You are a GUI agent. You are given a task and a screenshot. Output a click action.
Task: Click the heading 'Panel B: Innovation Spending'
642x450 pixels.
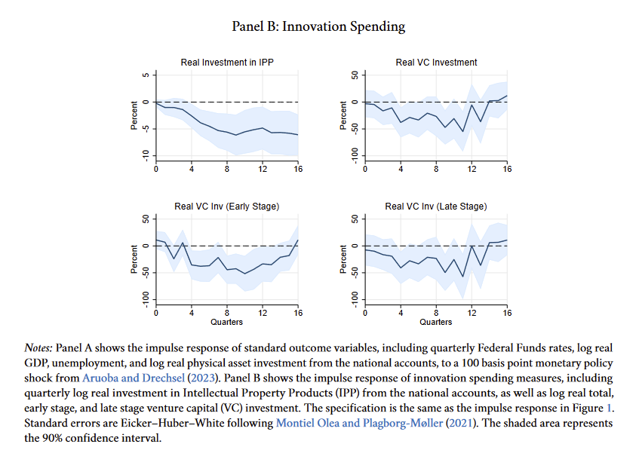point(321,26)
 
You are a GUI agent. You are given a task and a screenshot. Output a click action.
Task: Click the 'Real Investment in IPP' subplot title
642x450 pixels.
point(227,63)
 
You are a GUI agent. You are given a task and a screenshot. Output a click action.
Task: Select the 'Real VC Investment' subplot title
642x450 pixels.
point(436,63)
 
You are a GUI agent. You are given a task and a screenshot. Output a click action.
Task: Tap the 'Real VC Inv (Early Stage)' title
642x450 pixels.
point(227,207)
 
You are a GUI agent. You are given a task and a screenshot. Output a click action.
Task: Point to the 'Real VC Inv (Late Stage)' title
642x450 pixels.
point(436,207)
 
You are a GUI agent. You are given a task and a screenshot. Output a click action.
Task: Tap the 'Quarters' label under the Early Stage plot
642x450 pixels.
point(227,323)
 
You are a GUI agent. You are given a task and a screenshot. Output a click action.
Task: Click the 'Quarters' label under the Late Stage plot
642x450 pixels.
point(436,323)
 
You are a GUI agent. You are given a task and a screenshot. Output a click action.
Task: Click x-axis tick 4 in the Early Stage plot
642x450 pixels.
point(192,313)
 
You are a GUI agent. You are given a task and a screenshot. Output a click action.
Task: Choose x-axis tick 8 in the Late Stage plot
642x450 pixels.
point(436,313)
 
